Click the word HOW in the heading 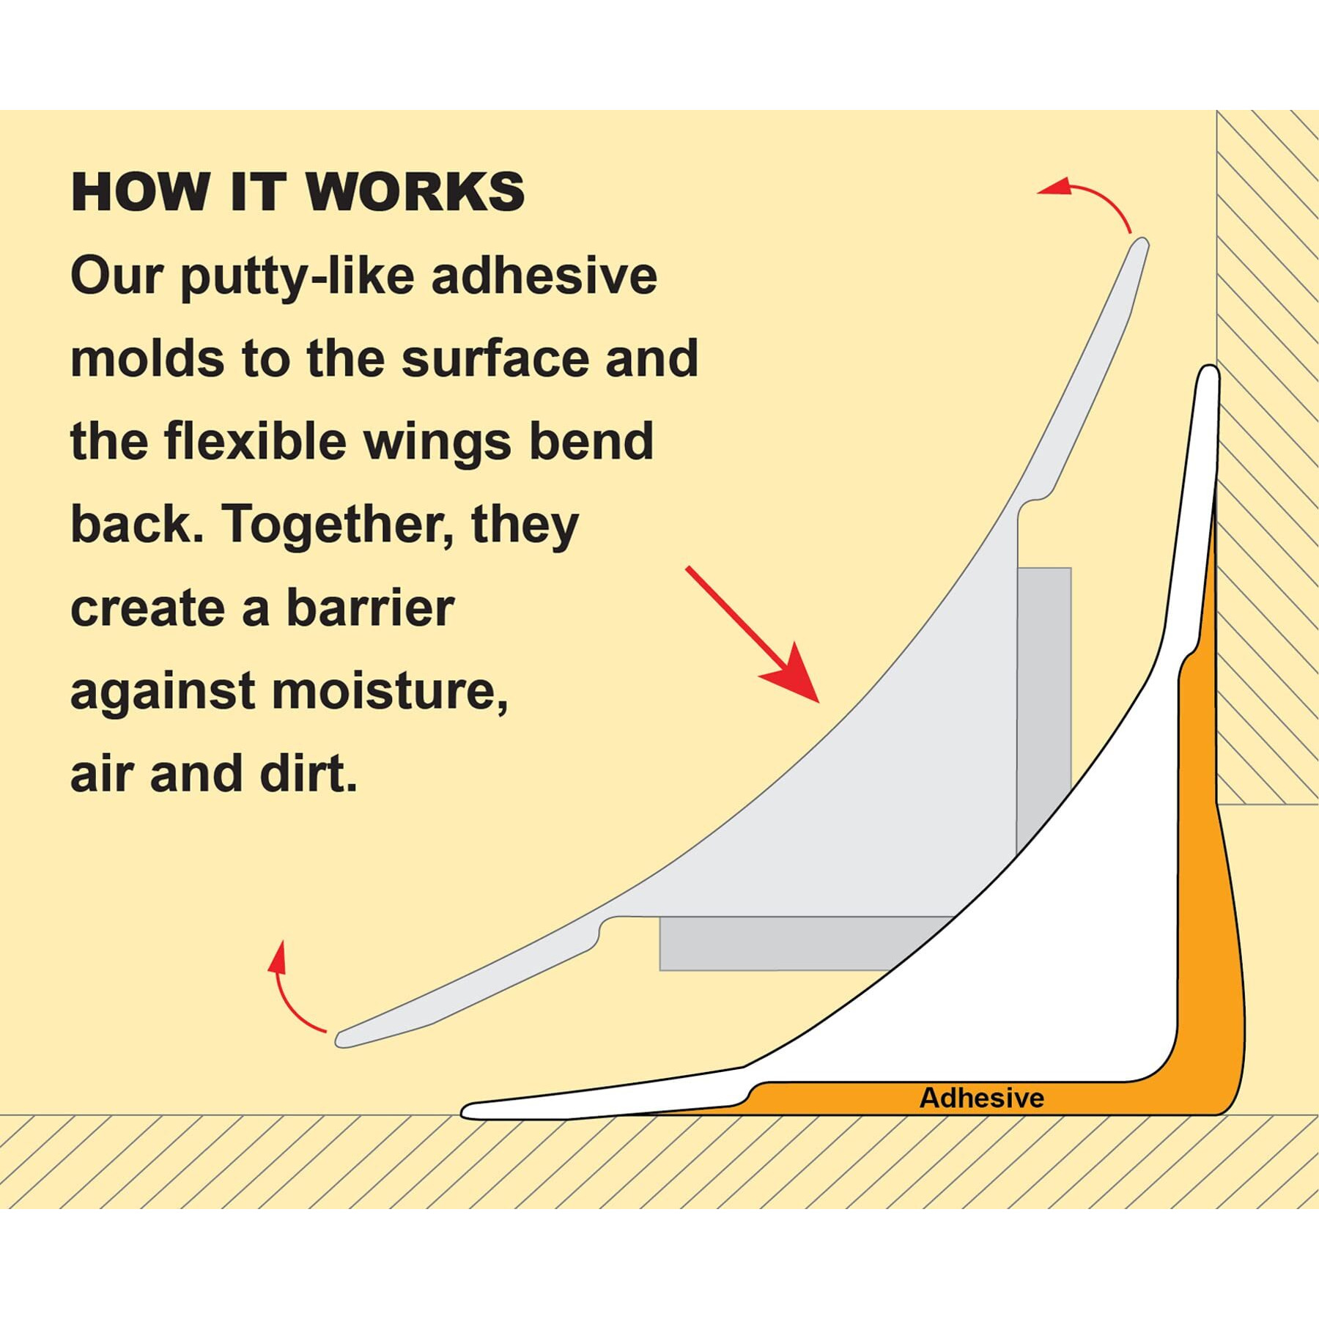(140, 192)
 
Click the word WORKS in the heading (415, 192)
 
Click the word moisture (390, 692)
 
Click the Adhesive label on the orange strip (981, 1098)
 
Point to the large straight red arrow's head (794, 676)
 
